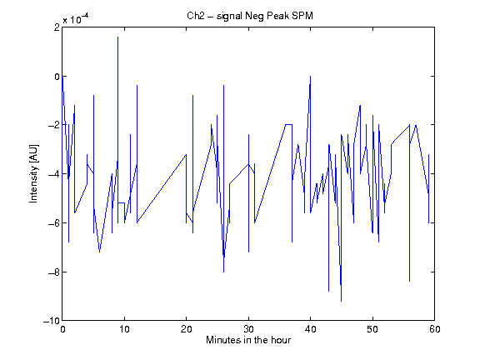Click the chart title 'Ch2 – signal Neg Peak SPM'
pos(250,16)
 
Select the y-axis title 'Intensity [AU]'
pos(33,173)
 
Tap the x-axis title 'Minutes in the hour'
pos(248,340)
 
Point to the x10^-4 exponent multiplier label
pos(76,18)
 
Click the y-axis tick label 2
pos(57,27)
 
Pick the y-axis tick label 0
pos(57,76)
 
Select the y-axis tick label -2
pos(54,125)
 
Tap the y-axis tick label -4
pos(54,174)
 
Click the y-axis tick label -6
pos(54,222)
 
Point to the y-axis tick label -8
pos(54,272)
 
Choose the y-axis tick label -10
pos(52,321)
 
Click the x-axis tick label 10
pos(125,329)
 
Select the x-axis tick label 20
pos(187,329)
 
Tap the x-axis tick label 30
pos(248,329)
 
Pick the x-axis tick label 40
pos(310,329)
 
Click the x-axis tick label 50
pos(372,329)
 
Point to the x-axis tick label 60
pos(435,329)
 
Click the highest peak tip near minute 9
pos(117,37)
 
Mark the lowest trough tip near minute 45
pos(342,301)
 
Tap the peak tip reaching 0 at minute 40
pos(310,76)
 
